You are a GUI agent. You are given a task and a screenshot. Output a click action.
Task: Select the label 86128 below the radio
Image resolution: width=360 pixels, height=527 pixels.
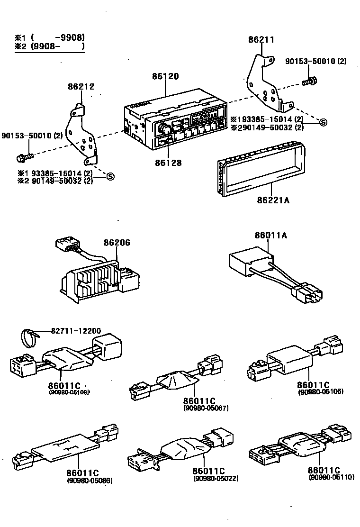tap(168, 163)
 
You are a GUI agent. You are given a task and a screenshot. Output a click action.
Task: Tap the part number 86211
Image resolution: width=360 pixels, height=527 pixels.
tap(261, 40)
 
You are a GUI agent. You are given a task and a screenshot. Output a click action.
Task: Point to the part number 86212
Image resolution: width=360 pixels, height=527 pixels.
tap(81, 87)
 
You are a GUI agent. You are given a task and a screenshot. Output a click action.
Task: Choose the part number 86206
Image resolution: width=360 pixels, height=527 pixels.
tap(117, 243)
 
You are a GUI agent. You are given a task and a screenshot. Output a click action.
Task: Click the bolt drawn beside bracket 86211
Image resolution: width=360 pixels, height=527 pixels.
tap(308, 82)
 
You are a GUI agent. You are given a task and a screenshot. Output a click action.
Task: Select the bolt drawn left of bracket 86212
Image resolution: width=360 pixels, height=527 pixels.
tap(24, 155)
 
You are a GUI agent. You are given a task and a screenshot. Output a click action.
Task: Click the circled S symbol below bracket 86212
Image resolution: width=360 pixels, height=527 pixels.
tap(110, 177)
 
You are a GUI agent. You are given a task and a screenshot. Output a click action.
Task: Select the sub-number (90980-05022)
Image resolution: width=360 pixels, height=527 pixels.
tap(216, 478)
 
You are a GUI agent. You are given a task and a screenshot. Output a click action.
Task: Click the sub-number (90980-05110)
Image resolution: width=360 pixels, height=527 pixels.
tap(331, 477)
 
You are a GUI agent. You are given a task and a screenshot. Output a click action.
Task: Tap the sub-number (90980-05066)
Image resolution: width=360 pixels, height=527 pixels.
tap(90, 481)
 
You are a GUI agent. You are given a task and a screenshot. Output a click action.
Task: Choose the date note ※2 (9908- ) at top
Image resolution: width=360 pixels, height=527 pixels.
tap(50, 46)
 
